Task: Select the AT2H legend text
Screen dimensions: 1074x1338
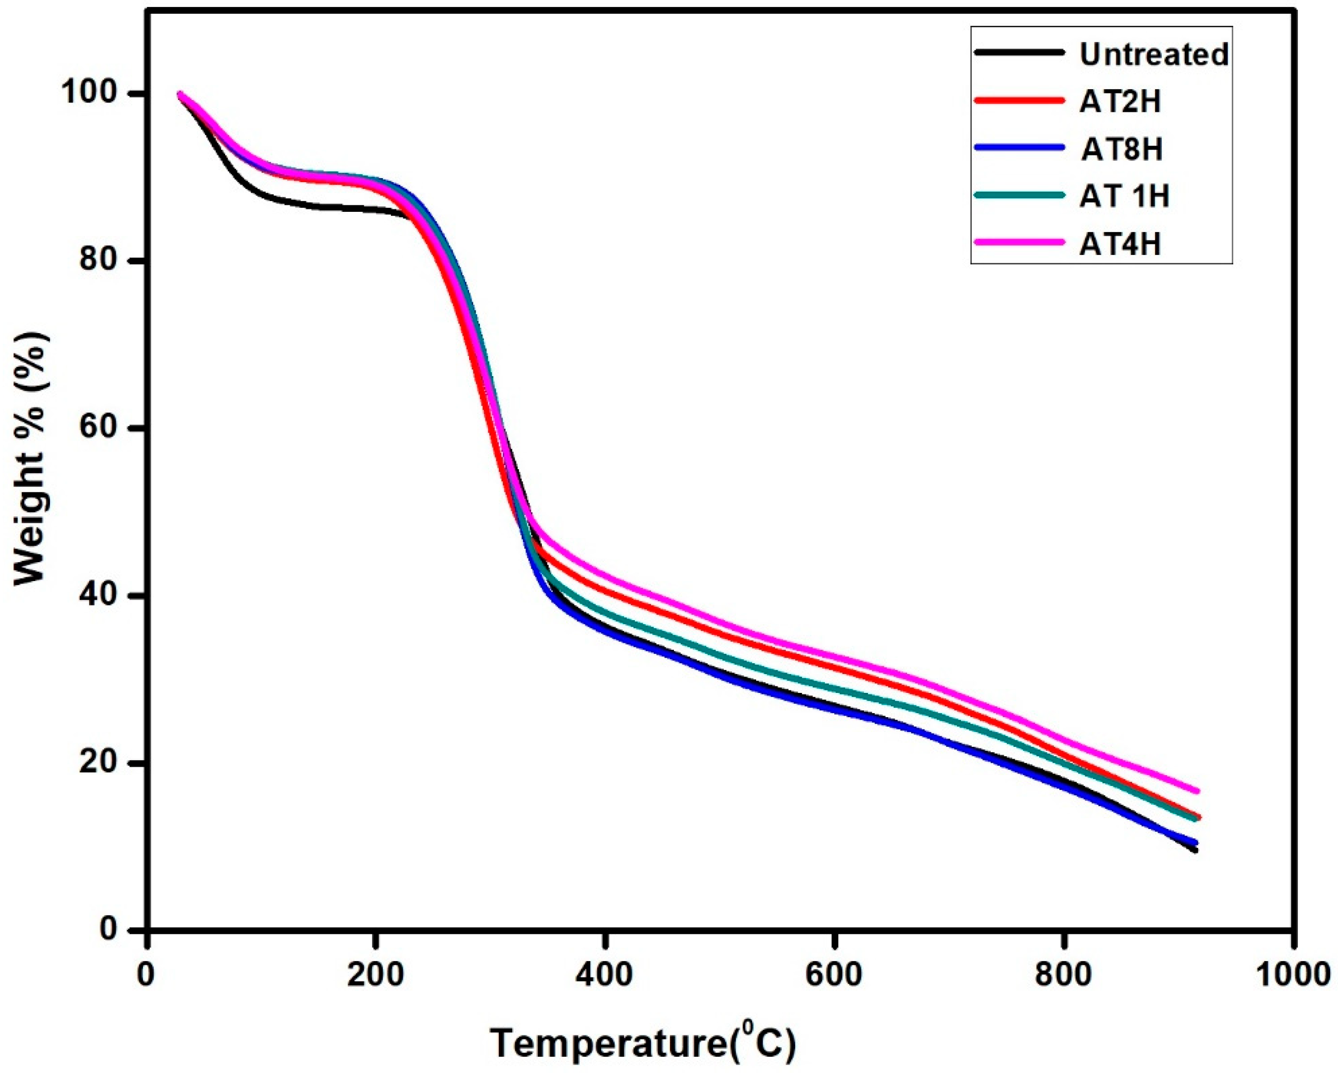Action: point(1120,102)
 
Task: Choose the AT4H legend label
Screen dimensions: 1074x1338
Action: point(1120,244)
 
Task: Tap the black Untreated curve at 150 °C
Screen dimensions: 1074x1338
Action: point(318,206)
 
